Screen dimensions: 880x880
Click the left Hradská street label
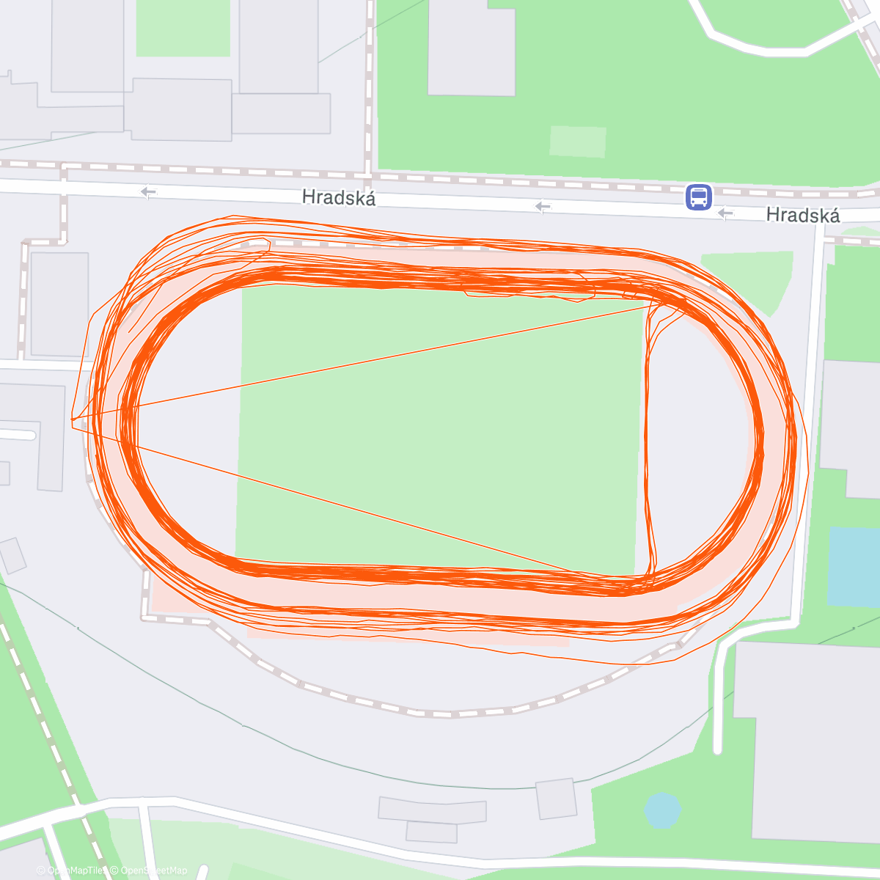tap(339, 198)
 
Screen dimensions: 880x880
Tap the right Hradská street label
tap(802, 215)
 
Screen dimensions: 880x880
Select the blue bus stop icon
tap(698, 197)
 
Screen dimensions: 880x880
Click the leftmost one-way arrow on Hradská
tap(148, 192)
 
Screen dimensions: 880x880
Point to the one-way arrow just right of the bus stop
tap(725, 213)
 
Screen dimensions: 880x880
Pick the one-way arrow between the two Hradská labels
tap(542, 208)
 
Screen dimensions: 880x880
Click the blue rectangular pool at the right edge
tap(854, 566)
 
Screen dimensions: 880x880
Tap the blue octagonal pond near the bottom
tap(662, 810)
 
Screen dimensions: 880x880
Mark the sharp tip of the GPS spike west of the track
tap(72, 419)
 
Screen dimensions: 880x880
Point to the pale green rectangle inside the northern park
tap(578, 142)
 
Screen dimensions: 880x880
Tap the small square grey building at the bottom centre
tap(555, 799)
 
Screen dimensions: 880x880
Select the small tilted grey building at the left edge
tap(12, 555)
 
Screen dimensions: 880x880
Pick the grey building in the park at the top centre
tap(472, 48)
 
